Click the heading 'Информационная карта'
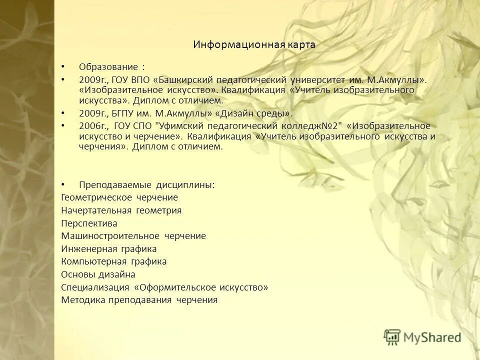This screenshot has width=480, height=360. pyautogui.click(x=254, y=44)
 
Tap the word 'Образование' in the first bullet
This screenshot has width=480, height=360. pyautogui.click(x=108, y=67)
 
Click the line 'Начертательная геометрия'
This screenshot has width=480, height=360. pyautogui.click(x=121, y=210)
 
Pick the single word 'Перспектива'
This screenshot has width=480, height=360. pyautogui.click(x=89, y=223)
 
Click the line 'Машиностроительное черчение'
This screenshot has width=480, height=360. pyautogui.click(x=133, y=236)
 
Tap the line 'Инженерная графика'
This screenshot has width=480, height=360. pyautogui.click(x=108, y=249)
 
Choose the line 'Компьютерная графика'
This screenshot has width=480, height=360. pyautogui.click(x=113, y=261)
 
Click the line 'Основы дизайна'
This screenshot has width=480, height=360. pyautogui.click(x=98, y=274)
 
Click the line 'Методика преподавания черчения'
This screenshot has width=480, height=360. pyautogui.click(x=139, y=300)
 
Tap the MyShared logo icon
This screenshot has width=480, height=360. pyautogui.click(x=392, y=337)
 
